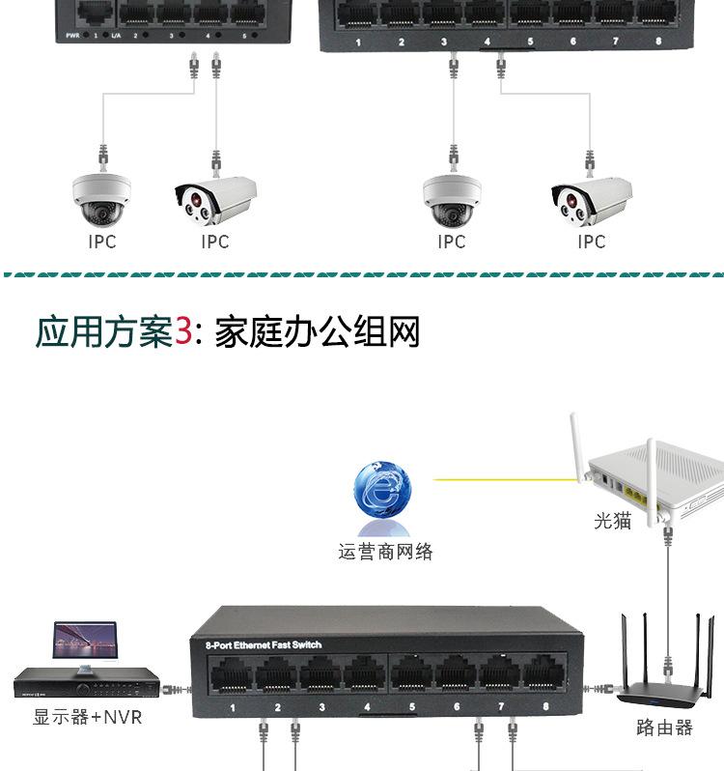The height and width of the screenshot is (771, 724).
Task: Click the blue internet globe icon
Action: click(x=383, y=497)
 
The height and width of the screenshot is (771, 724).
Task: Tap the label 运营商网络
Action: click(x=385, y=553)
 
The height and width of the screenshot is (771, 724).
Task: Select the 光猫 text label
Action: click(x=612, y=521)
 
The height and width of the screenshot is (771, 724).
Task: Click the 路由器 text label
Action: click(x=664, y=728)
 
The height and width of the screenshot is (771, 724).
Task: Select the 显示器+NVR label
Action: click(x=88, y=717)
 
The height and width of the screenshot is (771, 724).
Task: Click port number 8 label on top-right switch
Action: click(x=658, y=42)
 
